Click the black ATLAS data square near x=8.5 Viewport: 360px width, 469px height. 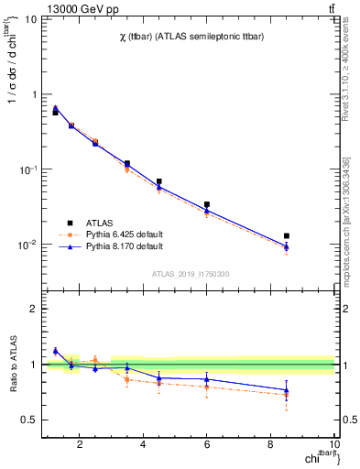287,236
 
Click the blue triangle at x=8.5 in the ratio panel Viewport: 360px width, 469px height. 287,390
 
